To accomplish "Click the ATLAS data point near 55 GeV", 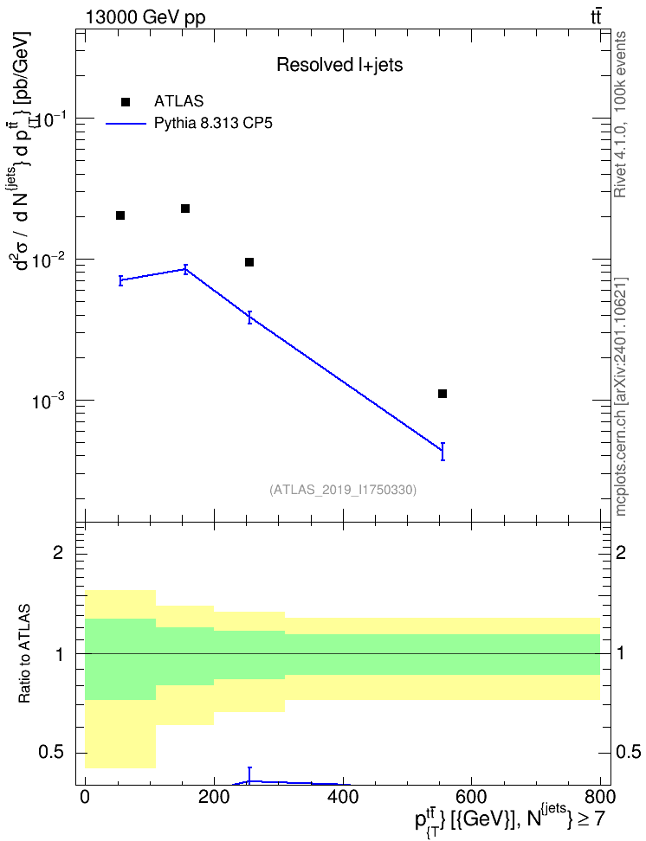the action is [120, 215].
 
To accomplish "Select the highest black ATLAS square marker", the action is [185, 209].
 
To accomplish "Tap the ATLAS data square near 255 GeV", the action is [249, 262].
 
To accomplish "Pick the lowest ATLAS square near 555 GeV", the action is [443, 394].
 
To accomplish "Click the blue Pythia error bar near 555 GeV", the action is [443, 452].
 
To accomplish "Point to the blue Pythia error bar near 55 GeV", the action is [121, 280].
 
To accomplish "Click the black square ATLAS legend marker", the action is [126, 102].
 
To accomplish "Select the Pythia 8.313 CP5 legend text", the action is [213, 124].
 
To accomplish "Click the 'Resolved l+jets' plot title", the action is [339, 65].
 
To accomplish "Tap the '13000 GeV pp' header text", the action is [145, 18].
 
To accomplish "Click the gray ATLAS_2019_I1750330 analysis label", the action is [343, 489].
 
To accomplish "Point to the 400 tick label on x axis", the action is [342, 797].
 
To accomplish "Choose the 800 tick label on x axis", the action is [599, 797].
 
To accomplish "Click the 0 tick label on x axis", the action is [85, 797].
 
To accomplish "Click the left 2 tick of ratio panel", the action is [58, 552].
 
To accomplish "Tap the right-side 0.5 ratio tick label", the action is [628, 753].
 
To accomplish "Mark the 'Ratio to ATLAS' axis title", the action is [24, 653].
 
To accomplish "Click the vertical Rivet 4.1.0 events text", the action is [620, 114].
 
